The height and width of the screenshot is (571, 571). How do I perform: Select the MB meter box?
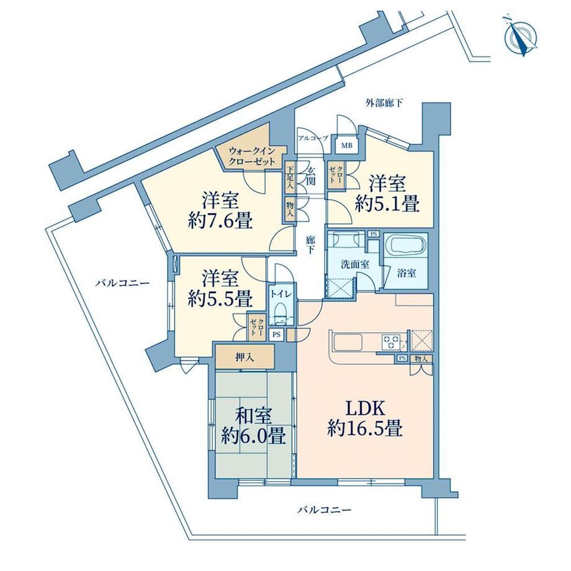(x=347, y=146)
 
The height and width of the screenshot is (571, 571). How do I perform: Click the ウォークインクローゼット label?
(x=251, y=156)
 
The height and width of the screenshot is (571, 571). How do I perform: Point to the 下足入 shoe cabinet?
(x=290, y=178)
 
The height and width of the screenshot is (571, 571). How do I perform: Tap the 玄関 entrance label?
(x=311, y=175)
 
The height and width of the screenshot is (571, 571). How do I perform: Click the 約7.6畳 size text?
(x=220, y=221)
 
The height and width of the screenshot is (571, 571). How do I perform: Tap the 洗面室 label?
(x=355, y=264)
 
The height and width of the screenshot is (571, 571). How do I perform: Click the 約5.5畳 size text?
(x=220, y=299)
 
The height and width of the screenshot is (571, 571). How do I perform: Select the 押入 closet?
(x=245, y=356)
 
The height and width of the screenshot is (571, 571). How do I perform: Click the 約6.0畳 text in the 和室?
(x=253, y=436)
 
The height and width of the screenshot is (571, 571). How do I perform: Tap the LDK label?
(x=365, y=408)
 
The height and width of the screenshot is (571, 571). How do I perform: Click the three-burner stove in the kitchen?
(x=391, y=343)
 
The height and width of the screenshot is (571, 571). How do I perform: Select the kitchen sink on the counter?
(x=348, y=343)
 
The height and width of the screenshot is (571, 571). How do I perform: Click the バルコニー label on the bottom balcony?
(x=325, y=509)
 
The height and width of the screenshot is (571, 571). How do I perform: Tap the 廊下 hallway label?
(x=310, y=245)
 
